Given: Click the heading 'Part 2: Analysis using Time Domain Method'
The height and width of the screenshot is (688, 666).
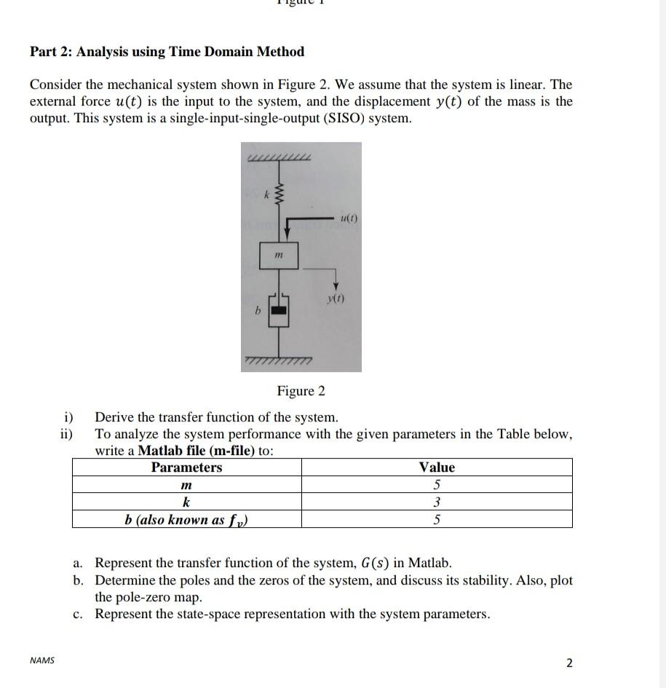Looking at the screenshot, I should (x=167, y=52).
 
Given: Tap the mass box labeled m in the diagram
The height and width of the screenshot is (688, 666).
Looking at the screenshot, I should (x=280, y=255).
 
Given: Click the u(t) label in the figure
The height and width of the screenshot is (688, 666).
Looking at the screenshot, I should (x=349, y=218).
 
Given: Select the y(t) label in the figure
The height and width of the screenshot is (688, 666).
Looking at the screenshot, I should (x=336, y=298).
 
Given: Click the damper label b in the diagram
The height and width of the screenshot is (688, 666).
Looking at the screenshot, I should (x=256, y=311).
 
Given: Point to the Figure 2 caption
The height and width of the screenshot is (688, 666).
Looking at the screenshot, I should (x=301, y=391).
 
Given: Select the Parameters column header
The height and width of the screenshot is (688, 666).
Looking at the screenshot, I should (x=186, y=467).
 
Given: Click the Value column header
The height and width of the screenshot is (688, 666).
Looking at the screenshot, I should (x=437, y=467).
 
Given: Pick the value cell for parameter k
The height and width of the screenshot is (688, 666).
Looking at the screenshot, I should (x=437, y=502).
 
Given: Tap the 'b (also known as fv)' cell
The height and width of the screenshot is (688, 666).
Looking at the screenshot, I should (x=186, y=520).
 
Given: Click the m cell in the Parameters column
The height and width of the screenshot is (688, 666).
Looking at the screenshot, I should (x=186, y=485).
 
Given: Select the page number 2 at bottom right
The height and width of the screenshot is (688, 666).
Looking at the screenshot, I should (x=569, y=663).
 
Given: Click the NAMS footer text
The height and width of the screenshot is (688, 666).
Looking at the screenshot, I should (x=41, y=661).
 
